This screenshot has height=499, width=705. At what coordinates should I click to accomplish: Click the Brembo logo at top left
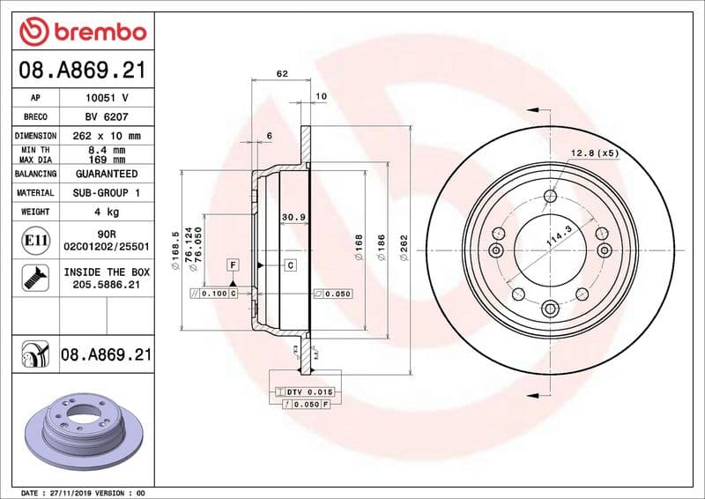82,32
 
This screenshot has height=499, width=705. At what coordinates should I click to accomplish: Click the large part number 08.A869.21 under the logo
82,69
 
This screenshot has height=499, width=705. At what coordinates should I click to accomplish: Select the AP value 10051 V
107,98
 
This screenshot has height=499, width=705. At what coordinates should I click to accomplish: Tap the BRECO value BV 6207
107,117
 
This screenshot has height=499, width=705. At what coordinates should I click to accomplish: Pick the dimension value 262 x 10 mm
107,136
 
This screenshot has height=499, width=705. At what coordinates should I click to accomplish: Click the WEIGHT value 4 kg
107,212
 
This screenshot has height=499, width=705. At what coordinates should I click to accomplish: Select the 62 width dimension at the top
282,74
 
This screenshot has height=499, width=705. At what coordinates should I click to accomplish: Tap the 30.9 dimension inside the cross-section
293,217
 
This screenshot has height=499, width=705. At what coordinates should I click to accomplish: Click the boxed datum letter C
289,264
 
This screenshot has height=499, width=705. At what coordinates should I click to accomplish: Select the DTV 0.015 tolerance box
302,391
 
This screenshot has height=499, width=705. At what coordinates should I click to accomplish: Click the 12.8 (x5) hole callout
595,153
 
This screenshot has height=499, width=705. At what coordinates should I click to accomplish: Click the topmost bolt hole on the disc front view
551,196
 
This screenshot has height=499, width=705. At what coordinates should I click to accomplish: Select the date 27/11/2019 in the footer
72,492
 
